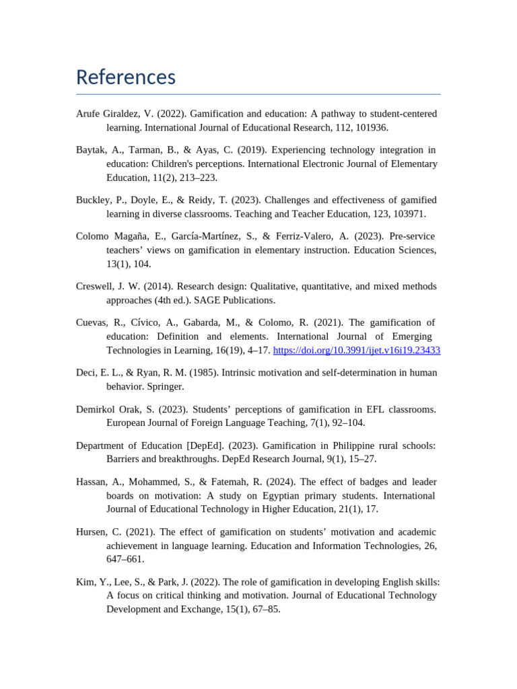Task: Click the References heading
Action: pos(126,77)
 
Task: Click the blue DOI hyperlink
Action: pos(356,351)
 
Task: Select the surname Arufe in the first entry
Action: pos(90,114)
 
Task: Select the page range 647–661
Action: pos(125,559)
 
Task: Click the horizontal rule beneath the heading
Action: pos(258,94)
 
